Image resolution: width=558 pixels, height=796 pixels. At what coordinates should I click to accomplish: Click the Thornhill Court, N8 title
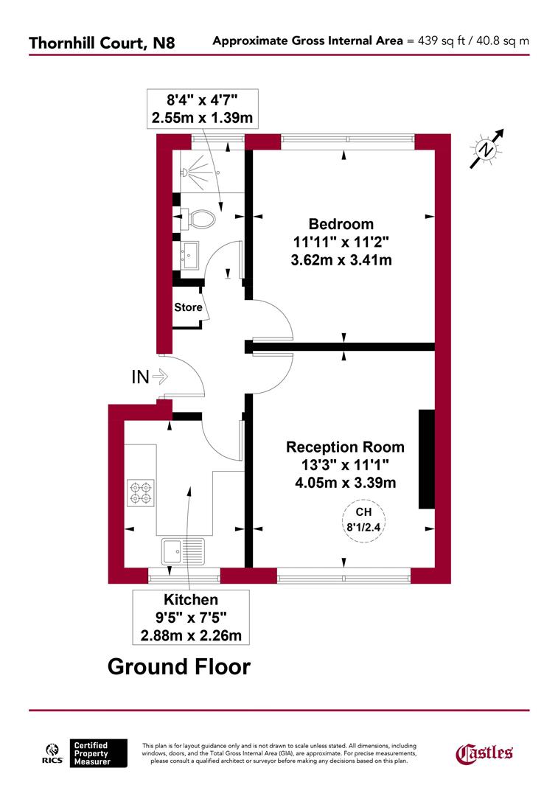(102, 42)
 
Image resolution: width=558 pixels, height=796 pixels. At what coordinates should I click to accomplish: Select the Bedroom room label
(341, 224)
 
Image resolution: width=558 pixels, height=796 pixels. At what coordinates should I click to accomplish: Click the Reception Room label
(345, 447)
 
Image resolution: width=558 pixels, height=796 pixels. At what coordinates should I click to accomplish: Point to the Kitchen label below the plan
(191, 601)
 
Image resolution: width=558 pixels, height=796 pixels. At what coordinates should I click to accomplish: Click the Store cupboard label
(188, 307)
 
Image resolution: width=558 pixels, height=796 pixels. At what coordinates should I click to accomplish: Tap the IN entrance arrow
(159, 377)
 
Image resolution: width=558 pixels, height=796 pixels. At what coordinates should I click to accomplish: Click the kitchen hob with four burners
(140, 492)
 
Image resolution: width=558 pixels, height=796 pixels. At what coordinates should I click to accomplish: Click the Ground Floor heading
(179, 667)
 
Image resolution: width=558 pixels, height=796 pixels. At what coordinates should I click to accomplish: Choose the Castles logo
(484, 753)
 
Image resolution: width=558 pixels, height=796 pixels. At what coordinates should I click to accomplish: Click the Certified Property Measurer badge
(99, 753)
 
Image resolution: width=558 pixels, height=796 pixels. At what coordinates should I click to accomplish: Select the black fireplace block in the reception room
(427, 458)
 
